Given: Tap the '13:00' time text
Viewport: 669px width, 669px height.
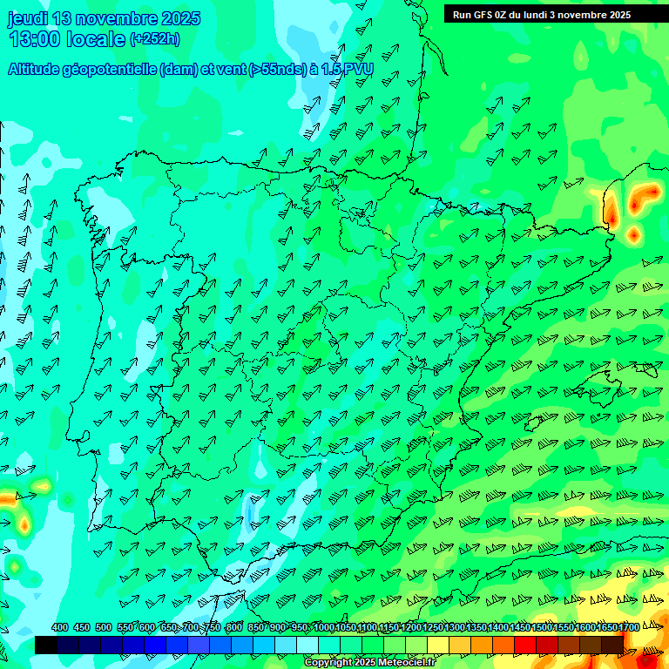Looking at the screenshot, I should (35, 39).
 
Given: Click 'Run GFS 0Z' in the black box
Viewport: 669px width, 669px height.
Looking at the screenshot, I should (482, 15).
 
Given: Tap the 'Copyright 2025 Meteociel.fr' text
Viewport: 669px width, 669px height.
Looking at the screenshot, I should (369, 663).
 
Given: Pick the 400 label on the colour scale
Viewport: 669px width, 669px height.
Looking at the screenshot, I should (60, 628).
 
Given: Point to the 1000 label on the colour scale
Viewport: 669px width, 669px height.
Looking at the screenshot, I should (323, 628).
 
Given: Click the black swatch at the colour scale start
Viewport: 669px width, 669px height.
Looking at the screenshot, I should (46, 645).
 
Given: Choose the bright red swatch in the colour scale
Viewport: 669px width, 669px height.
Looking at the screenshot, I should (525, 645).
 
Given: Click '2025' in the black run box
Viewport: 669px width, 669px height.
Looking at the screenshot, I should (619, 15).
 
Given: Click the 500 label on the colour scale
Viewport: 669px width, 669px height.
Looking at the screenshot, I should (104, 628).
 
